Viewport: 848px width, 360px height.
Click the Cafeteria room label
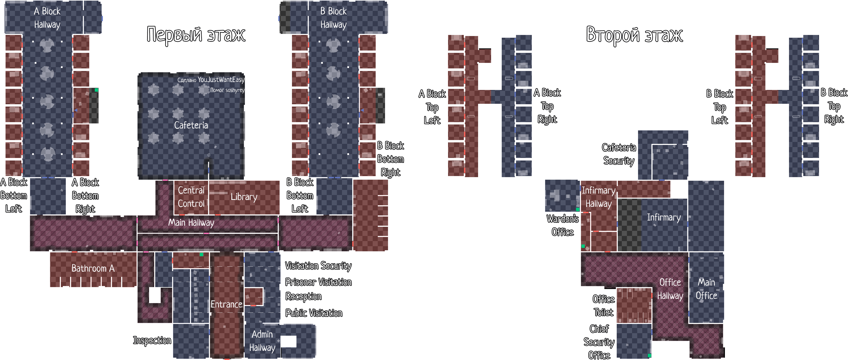191,125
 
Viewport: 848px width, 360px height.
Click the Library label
244,197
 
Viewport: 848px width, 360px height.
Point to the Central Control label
191,197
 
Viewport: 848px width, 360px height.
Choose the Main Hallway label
191,223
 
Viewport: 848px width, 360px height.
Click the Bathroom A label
93,268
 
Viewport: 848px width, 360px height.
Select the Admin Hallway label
262,341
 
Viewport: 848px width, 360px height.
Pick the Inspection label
152,340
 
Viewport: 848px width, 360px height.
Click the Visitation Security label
318,266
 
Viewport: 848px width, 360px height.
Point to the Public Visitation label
314,313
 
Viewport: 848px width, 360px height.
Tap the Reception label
303,297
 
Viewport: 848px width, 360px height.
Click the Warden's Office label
563,225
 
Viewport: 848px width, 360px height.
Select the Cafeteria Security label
619,154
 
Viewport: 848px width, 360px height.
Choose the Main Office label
706,289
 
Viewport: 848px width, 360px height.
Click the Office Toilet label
603,306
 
